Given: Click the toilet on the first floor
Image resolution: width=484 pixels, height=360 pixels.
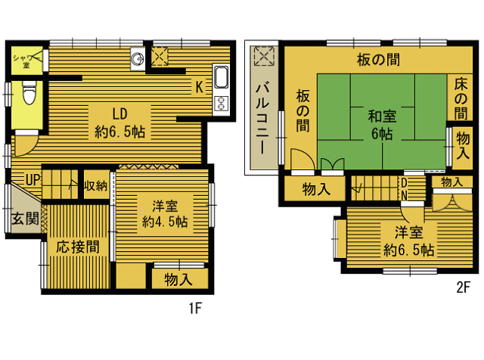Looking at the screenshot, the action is pos(29,92).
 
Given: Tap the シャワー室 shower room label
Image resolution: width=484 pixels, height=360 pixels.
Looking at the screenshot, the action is pos(27,61).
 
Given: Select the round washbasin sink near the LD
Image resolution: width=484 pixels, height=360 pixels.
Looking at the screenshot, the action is pos(137,58).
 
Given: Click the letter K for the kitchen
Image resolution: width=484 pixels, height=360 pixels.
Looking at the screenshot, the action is pos(200,87).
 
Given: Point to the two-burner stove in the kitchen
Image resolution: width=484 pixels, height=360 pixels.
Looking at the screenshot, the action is pos(221,103).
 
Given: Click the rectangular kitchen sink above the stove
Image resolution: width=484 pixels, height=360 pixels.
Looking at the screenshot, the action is pos(221,77).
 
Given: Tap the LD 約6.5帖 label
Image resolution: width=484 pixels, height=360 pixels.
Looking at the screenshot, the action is pos(119,123).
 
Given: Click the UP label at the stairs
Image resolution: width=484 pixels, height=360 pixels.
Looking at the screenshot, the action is pos(33,179).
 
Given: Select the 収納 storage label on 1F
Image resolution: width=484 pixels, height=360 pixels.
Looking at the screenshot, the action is pos(96,185).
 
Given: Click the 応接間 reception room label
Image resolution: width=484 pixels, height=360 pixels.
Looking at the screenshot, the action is pos(78,247).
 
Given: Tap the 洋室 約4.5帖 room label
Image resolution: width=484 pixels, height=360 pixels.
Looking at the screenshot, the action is pos(165,214).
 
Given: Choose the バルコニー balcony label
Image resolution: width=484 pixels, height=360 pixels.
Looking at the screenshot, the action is pos(262,118).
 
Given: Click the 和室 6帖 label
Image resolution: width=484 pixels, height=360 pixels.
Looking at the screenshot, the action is pos(382,125).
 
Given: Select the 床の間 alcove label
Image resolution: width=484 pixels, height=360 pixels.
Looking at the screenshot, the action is pos(461,99).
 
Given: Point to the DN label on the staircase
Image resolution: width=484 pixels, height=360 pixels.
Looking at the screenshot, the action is pos(404,189).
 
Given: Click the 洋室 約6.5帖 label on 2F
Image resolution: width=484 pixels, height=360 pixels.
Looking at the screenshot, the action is pos(408,241).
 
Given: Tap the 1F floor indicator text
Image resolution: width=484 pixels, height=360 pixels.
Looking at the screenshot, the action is pos(195,308).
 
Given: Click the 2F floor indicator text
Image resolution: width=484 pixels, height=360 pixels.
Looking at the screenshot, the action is pos(463,287).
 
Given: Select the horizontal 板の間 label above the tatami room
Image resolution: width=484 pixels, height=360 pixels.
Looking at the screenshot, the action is pos(378,60).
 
